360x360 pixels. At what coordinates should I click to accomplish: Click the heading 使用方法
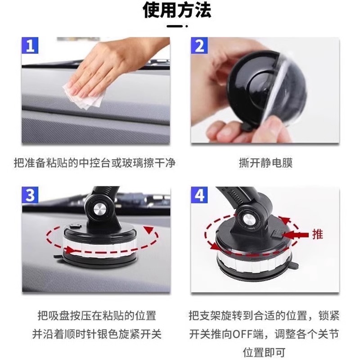[x=177, y=10]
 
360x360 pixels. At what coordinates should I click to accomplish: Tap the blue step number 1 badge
[x=30, y=45]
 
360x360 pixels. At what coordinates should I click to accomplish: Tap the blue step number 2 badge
[x=199, y=45]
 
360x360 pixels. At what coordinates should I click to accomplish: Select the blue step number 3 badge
[x=30, y=195]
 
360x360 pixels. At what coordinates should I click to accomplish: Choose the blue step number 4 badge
[x=199, y=195]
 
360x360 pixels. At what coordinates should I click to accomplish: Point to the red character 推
[x=318, y=234]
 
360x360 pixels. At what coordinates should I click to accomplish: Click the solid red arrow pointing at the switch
[x=295, y=235]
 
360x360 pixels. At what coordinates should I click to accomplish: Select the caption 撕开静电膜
[x=265, y=163]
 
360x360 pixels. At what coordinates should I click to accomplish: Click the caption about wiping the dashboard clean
[x=94, y=163]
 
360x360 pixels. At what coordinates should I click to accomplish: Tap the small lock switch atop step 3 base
[x=76, y=226]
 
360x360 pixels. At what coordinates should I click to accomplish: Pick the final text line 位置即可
[x=264, y=352]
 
